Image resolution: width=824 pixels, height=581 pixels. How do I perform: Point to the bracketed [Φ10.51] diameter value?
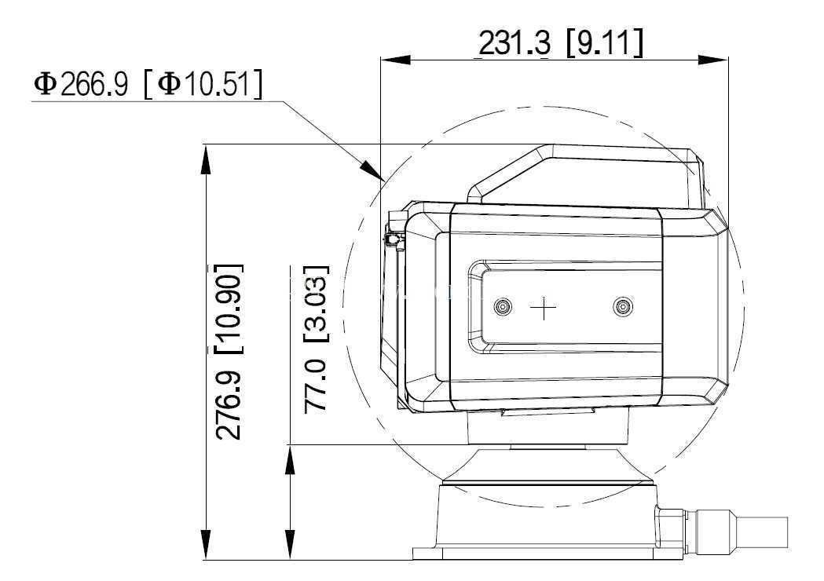203,85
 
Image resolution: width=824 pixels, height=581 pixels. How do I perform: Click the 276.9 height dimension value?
229,404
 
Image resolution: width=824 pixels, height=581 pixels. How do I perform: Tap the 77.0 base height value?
316,386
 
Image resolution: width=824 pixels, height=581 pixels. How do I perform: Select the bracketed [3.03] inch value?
316,305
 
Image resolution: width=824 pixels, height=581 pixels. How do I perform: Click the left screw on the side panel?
504,306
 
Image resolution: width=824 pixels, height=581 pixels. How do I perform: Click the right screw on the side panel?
623,307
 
